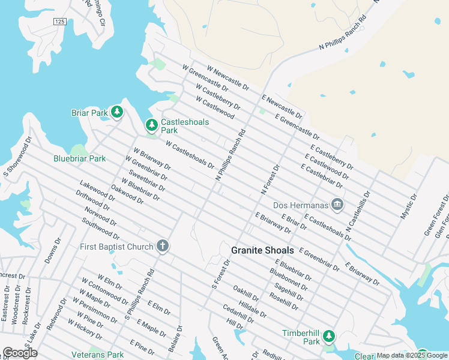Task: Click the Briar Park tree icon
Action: [x=117, y=112]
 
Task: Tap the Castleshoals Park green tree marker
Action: [x=152, y=125]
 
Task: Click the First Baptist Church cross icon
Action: [x=161, y=245]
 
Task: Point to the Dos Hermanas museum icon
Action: [x=337, y=205]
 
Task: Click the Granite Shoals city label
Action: [x=263, y=250]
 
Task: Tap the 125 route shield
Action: [x=59, y=22]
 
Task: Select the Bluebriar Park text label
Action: [x=79, y=158]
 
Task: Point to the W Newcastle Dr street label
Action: [x=228, y=79]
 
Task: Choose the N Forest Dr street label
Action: [x=271, y=180]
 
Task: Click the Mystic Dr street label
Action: [x=408, y=206]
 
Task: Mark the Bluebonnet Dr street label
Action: [x=289, y=280]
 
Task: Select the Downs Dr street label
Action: [x=53, y=251]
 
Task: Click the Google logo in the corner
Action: [x=20, y=353]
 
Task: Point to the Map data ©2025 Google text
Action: [x=412, y=356]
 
